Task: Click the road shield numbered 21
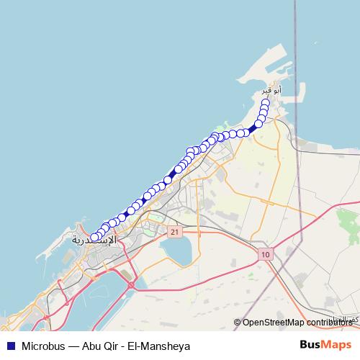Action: pyautogui.click(x=174, y=232)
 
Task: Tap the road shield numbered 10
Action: pyautogui.click(x=266, y=254)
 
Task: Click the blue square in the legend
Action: pyautogui.click(x=9, y=346)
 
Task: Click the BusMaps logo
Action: pyautogui.click(x=325, y=346)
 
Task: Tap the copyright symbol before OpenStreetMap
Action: pyautogui.click(x=237, y=323)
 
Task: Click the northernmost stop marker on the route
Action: pyautogui.click(x=266, y=103)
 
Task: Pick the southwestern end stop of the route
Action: pyautogui.click(x=94, y=237)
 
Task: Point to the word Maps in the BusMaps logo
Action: pyautogui.click(x=337, y=346)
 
